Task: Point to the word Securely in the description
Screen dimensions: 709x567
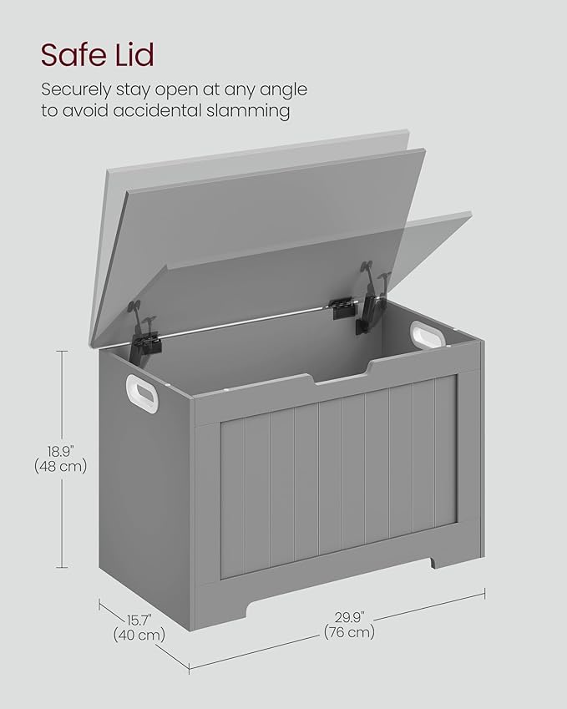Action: (x=78, y=89)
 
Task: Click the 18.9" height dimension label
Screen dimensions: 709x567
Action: (x=61, y=448)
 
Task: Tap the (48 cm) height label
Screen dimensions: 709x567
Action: (x=60, y=466)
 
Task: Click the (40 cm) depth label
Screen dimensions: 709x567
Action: (x=139, y=635)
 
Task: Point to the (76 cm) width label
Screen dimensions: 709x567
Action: (x=349, y=632)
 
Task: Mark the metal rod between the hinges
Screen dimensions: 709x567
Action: (x=251, y=321)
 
